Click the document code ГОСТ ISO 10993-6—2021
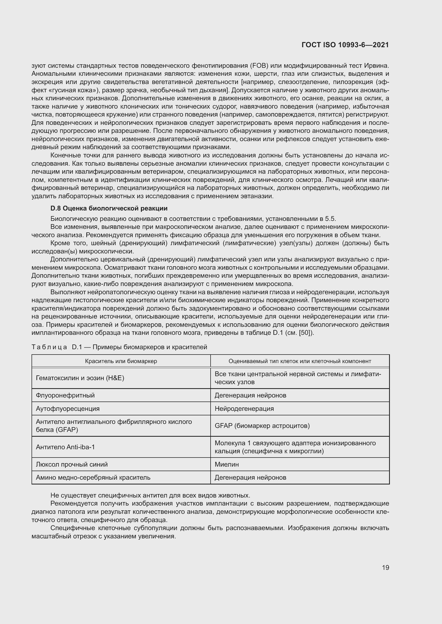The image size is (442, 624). tap(345, 45)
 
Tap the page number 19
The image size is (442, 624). tap(385, 567)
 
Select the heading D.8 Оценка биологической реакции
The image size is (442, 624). tap(109, 208)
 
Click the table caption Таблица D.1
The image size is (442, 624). tap(119, 347)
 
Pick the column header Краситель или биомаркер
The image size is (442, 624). tap(121, 361)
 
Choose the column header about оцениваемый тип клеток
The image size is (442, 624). tap(300, 361)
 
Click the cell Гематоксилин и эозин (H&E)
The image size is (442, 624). tap(80, 378)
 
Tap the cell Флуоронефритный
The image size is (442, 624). tap(65, 395)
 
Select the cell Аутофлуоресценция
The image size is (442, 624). tap(68, 408)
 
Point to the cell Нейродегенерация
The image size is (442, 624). tap(244, 408)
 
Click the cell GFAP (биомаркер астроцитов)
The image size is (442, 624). tap(262, 426)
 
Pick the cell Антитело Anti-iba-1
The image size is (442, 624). tap(65, 447)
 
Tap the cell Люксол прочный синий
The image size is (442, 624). tap(72, 464)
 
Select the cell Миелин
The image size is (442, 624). tap(227, 464)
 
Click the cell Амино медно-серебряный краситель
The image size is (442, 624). tap(93, 478)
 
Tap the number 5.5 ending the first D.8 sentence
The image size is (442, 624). tap(330, 219)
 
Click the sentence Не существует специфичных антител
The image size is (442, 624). tap(150, 495)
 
